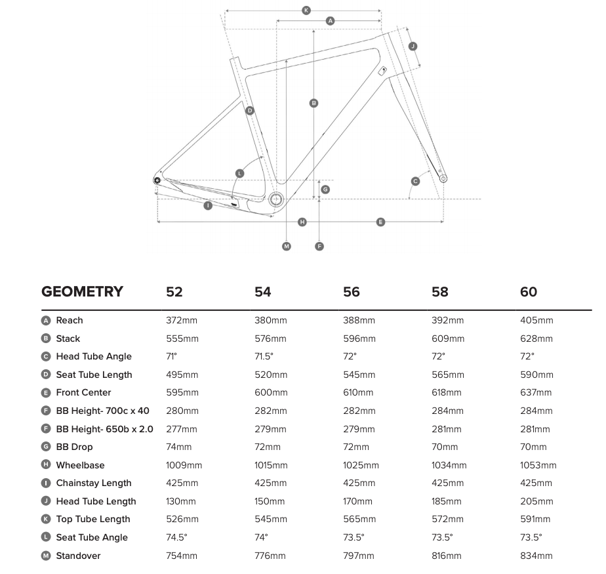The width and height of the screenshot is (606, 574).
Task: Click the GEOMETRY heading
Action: [82, 292]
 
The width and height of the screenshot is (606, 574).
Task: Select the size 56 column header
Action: [352, 292]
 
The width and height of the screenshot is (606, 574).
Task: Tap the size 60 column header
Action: [529, 292]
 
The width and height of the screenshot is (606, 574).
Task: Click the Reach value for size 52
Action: [181, 321]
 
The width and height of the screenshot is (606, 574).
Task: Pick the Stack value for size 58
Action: [448, 339]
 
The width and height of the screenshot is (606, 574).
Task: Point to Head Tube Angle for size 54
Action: [264, 357]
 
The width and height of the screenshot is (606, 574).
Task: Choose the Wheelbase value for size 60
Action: [538, 465]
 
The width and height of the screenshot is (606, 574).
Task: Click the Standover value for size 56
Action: [359, 556]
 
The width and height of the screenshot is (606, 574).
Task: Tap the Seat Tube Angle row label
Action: [92, 537]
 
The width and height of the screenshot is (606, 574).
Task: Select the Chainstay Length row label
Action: [94, 483]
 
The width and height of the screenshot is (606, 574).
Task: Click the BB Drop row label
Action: [74, 447]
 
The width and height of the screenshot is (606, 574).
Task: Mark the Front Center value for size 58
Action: [447, 393]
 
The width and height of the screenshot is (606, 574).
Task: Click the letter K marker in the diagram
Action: [306, 10]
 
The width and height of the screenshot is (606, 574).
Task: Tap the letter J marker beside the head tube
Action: [413, 46]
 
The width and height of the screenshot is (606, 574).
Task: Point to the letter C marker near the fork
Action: [415, 180]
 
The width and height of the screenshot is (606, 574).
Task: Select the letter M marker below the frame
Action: [287, 246]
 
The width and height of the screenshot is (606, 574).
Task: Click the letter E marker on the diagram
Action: [380, 222]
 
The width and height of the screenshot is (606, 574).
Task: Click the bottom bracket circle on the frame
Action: [275, 199]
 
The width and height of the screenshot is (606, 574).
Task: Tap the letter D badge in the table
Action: [46, 375]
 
